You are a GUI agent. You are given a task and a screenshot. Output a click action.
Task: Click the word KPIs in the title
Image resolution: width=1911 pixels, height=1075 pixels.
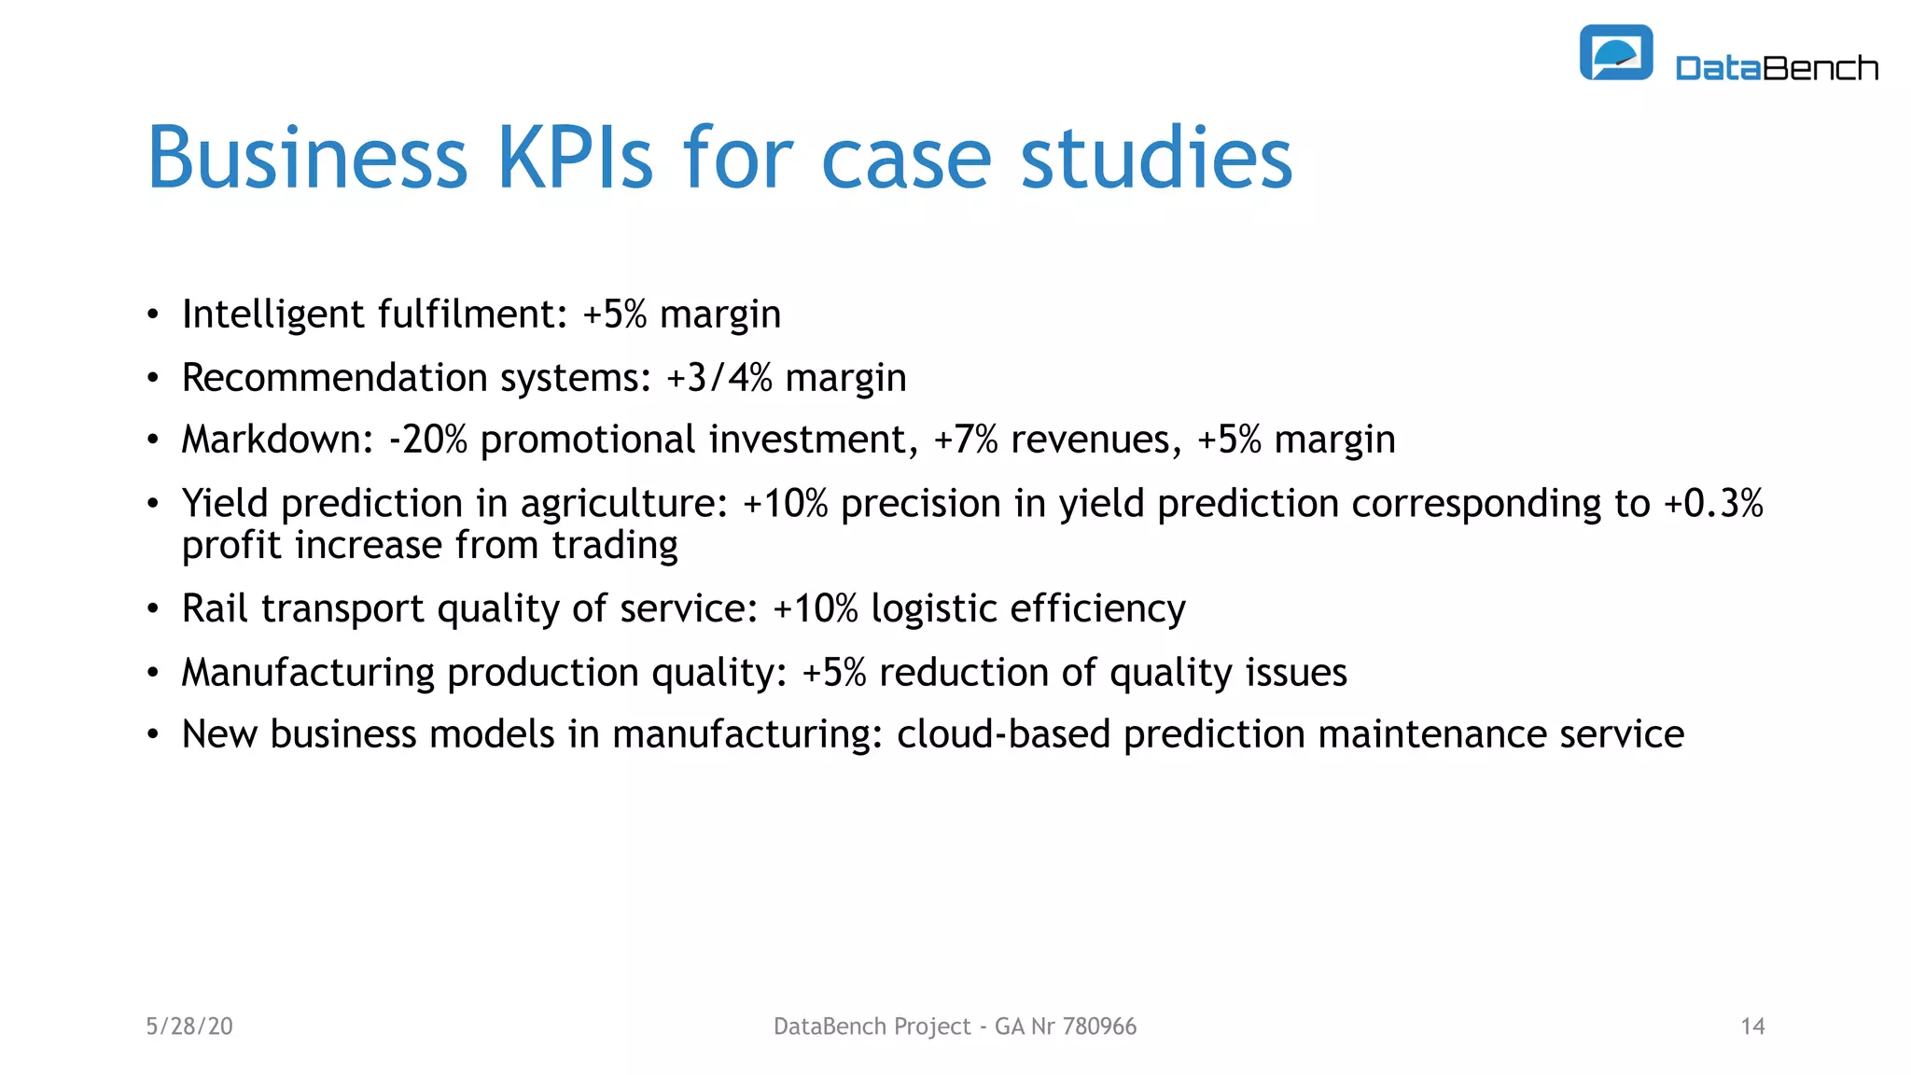tap(575, 159)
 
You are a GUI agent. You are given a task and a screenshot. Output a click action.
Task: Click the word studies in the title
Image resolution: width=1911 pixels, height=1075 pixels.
tap(1156, 159)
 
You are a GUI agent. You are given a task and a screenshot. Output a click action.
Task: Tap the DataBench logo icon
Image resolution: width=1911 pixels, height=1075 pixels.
tap(1615, 53)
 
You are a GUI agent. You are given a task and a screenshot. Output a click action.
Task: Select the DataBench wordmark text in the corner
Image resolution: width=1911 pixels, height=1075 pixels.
tap(1777, 68)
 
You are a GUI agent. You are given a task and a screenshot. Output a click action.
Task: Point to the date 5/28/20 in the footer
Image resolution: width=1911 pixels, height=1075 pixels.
tap(189, 1026)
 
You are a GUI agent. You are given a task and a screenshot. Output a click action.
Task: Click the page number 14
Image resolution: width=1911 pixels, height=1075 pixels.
tap(1752, 1026)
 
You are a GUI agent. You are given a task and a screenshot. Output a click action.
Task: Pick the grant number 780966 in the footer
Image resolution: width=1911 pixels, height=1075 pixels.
tap(1099, 1026)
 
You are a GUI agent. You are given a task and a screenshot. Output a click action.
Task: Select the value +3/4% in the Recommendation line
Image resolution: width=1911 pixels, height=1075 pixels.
tap(719, 378)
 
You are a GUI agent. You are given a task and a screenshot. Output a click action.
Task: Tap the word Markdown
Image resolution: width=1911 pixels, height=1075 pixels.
tap(277, 440)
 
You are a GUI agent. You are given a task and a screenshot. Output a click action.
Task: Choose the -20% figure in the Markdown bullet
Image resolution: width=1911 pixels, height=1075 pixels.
tap(428, 440)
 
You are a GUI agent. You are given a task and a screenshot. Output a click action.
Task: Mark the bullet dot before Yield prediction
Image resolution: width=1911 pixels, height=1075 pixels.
tap(153, 505)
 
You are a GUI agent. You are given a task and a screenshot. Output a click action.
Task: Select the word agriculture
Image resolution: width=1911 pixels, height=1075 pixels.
tap(623, 505)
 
